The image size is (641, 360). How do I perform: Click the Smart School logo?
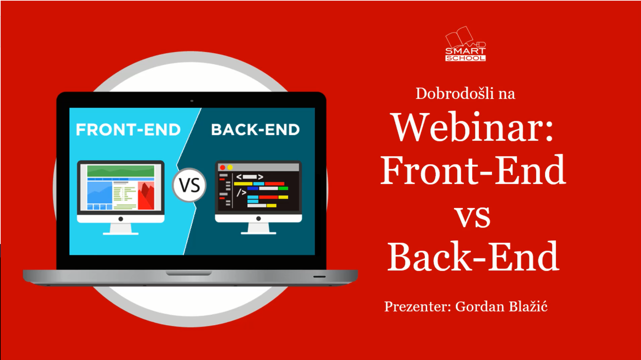[x=465, y=44]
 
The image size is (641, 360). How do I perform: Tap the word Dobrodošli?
[x=455, y=93]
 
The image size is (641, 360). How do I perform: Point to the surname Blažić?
[x=528, y=306]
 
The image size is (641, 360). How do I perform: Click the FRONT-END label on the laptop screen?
[x=128, y=130]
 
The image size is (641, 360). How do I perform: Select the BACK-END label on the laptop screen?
[x=255, y=130]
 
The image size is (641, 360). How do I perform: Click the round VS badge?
[x=189, y=185]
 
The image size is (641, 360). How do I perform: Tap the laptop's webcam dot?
[x=192, y=101]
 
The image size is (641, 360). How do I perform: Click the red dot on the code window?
[x=222, y=167]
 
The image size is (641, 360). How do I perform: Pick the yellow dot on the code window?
[x=230, y=167]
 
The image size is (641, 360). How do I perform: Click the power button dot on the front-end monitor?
[x=121, y=219]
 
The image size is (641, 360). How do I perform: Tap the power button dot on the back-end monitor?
[x=258, y=219]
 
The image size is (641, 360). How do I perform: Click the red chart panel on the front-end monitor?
[x=146, y=196]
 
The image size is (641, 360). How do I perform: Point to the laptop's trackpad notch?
[x=189, y=273]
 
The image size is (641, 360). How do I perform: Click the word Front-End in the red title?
[x=473, y=170]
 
